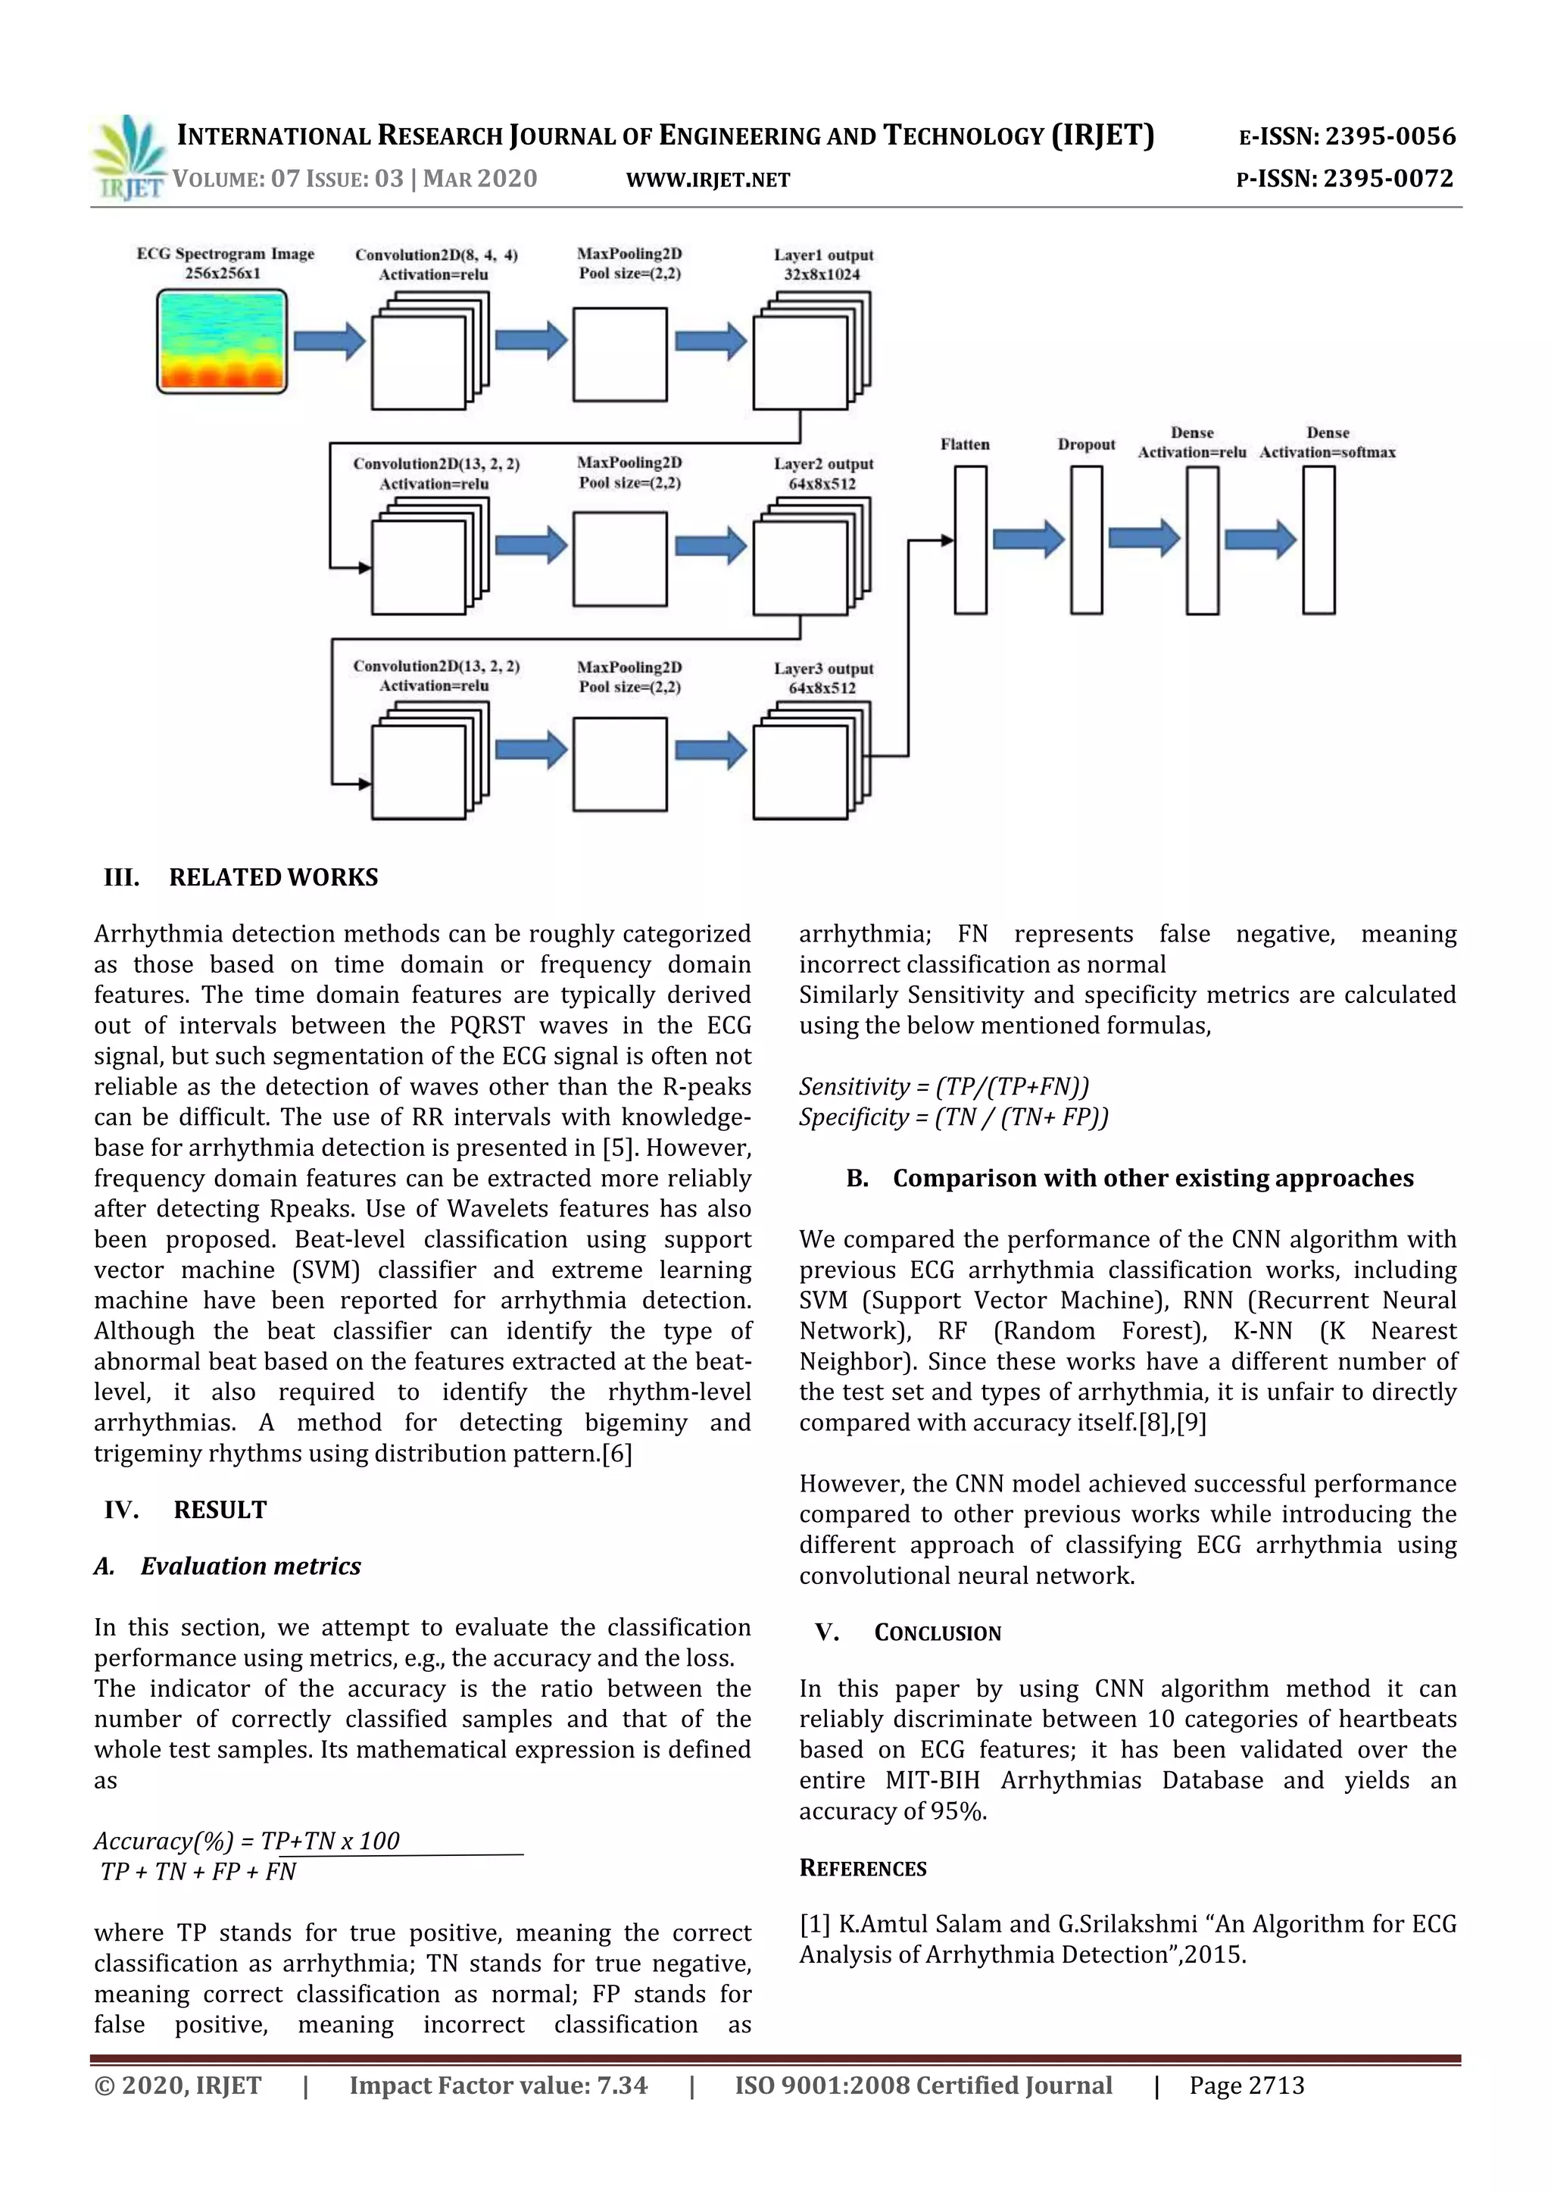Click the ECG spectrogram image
222,341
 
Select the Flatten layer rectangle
970,539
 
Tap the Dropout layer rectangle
1086,539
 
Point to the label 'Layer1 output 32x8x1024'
822,264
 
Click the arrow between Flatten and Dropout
1028,539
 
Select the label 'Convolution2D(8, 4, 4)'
435,255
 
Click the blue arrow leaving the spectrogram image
329,341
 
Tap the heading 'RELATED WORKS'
273,876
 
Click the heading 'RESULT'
220,1510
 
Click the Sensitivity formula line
944,1087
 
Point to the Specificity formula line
953,1117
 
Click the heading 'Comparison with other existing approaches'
1153,1179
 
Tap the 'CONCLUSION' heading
937,1633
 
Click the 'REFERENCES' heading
863,1868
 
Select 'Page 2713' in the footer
1247,2086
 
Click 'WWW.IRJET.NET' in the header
707,180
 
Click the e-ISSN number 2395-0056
1390,136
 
